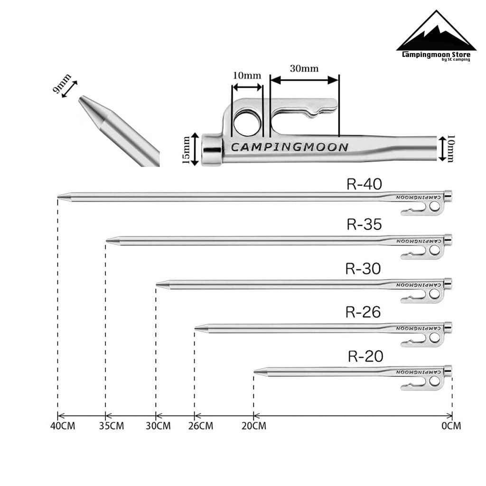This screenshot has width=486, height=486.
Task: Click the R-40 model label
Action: point(364,184)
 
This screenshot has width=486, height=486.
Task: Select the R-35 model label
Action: point(364,224)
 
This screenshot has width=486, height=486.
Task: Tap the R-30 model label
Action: point(363,269)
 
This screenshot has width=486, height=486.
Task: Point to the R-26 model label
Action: point(363,312)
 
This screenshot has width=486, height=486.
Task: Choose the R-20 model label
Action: point(365,356)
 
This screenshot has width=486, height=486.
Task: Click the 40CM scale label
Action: point(63,426)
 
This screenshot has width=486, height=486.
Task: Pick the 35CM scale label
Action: point(111,426)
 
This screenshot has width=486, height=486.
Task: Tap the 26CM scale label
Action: point(201,426)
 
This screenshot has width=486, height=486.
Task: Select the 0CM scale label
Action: point(451,426)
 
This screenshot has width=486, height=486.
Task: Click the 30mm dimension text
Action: point(304,68)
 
